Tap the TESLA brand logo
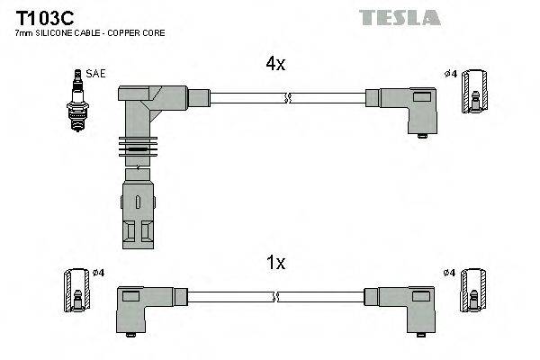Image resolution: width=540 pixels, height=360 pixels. tap(400, 17)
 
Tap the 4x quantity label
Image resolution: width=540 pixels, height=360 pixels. tap(275, 64)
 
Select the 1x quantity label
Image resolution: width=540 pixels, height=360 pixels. tap(275, 262)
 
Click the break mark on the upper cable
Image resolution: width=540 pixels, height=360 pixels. tap(286, 97)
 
